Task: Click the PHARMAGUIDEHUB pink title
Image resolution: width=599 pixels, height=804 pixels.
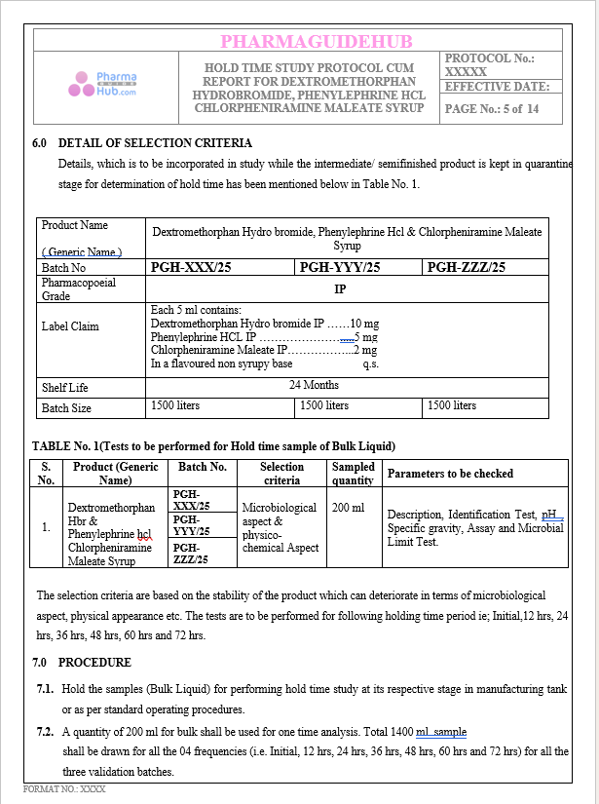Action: [317, 41]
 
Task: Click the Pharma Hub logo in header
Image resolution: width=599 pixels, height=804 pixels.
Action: [101, 85]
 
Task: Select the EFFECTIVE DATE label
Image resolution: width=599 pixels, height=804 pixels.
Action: [497, 87]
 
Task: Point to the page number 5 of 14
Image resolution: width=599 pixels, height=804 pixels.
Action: [492, 109]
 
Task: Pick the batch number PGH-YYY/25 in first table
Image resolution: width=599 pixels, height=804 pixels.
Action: [339, 267]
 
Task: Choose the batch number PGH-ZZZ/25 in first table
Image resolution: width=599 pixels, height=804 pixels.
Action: [467, 267]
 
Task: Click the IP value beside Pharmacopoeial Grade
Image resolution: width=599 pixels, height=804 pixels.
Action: [340, 289]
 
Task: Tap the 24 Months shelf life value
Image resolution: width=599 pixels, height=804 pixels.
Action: [314, 385]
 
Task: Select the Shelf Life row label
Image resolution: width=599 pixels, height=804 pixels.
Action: [64, 387]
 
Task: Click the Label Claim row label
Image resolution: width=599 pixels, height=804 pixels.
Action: [70, 326]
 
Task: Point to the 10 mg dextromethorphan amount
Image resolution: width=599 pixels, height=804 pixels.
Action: [364, 323]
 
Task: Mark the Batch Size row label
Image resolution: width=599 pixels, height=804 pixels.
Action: [66, 408]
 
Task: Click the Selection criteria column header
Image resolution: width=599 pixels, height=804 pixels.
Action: [281, 474]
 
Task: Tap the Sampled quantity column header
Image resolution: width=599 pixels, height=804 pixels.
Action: [353, 474]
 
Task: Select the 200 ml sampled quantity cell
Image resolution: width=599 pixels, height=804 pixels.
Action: [348, 508]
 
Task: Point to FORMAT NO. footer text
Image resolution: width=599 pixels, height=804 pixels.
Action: [64, 787]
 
